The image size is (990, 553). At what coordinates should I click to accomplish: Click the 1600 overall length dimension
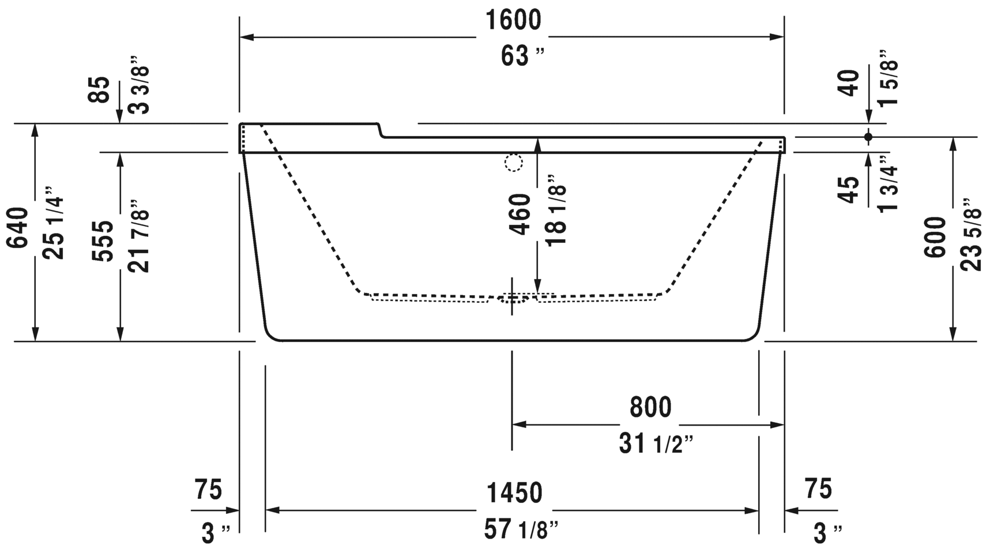coord(513,21)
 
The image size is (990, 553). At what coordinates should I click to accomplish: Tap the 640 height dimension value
coord(18,228)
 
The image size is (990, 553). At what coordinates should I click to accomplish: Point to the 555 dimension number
coord(103,240)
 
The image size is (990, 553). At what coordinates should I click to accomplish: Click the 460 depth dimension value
coord(521,214)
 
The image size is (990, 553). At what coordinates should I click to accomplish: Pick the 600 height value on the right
coord(935,237)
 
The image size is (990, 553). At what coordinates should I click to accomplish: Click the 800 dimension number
coord(650,407)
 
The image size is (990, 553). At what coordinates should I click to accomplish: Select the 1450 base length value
coord(514,493)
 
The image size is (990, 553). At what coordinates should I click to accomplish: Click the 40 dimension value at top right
coord(850,82)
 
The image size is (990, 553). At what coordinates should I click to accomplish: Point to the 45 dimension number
coord(849,190)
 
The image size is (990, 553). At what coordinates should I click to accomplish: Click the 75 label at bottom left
coord(208,490)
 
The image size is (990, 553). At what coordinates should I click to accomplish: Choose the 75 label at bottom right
coord(818,489)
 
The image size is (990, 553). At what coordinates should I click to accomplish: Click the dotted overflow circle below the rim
coord(513,163)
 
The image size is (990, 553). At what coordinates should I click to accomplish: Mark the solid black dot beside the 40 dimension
coord(868,137)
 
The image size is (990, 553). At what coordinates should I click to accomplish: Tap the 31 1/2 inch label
coord(656,444)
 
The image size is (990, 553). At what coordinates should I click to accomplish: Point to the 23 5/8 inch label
coord(972,235)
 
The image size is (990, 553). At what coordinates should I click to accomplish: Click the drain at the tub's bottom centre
coord(512,298)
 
